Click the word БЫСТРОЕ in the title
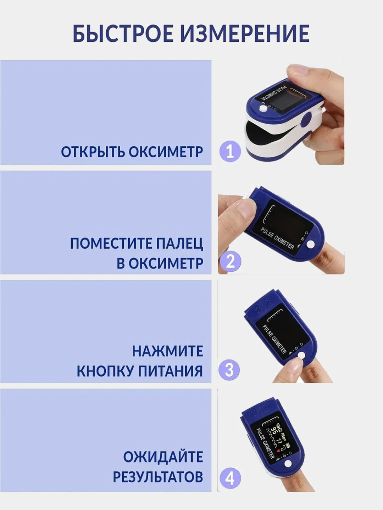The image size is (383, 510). click(x=123, y=34)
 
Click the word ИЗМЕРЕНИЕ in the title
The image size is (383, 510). click(x=244, y=34)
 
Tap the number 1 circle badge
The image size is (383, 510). click(x=230, y=151)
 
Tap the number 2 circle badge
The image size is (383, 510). click(x=230, y=261)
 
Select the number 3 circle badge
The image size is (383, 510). click(x=229, y=370)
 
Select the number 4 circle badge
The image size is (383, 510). click(x=230, y=478)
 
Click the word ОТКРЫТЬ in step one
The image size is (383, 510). click(x=92, y=152)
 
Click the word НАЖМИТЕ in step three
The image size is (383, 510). click(x=167, y=351)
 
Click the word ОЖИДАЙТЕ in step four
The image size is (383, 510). click(x=163, y=457)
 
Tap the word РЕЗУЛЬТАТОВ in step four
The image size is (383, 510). click(x=158, y=477)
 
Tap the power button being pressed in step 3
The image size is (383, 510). click(x=301, y=355)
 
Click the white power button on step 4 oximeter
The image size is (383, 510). click(x=288, y=464)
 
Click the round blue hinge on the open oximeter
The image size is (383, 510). click(x=306, y=119)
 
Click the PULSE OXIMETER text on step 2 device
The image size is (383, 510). click(x=277, y=238)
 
